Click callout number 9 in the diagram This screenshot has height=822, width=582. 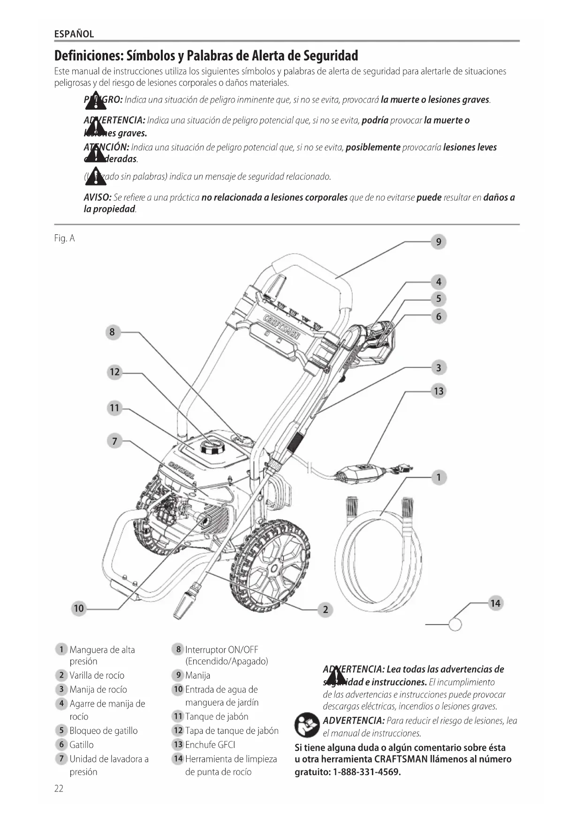click(438, 242)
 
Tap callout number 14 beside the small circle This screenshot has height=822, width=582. click(495, 603)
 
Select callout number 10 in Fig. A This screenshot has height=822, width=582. click(78, 608)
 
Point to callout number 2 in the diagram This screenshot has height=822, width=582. click(325, 610)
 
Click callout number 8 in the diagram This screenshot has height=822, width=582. click(112, 332)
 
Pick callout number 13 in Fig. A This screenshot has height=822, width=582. click(438, 391)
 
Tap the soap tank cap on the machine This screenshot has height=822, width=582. click(212, 445)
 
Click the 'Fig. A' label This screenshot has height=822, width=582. click(64, 238)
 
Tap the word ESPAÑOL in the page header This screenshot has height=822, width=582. click(74, 34)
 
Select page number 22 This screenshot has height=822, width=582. click(59, 788)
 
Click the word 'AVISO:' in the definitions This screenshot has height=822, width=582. click(98, 197)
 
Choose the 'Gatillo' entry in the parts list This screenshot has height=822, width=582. click(81, 745)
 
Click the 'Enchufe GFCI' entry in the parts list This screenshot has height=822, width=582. click(210, 745)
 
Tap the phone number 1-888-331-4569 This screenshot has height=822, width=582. click(367, 772)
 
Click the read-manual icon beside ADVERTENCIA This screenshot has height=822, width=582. click(306, 726)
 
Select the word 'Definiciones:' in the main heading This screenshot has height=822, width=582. click(89, 56)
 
